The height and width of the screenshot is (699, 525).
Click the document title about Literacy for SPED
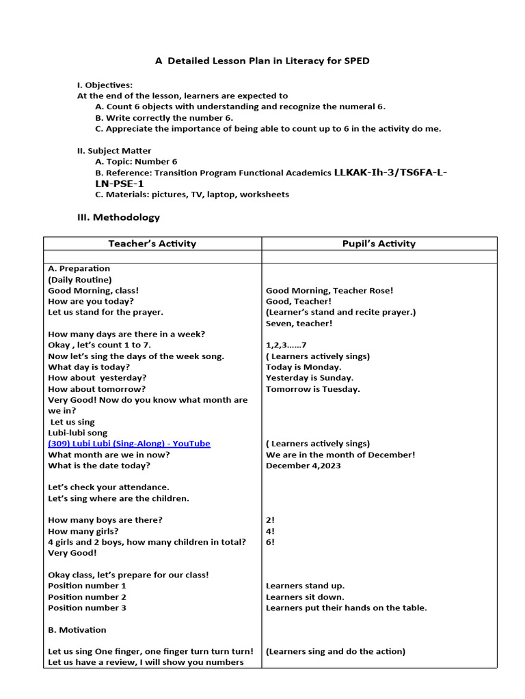click(x=262, y=61)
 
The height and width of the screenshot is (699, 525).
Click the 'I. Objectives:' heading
click(x=105, y=85)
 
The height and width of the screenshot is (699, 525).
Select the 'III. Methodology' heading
click(x=118, y=217)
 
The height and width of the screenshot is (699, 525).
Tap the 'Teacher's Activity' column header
click(x=152, y=244)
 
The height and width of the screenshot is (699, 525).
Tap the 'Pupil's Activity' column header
click(x=378, y=244)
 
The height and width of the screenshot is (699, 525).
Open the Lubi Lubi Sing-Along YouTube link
click(x=129, y=444)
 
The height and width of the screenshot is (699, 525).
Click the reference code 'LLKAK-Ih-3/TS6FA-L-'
click(x=391, y=173)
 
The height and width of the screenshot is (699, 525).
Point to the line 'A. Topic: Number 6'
click(x=136, y=162)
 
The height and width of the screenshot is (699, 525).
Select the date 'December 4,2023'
click(x=303, y=466)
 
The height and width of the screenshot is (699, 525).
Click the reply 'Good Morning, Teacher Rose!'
click(x=329, y=291)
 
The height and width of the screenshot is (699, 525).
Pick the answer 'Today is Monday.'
click(x=304, y=367)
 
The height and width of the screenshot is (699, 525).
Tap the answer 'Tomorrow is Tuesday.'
click(x=312, y=389)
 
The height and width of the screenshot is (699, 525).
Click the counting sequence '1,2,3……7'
click(x=286, y=345)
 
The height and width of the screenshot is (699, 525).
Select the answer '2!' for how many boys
click(x=270, y=520)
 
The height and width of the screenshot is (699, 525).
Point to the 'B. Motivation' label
click(x=77, y=629)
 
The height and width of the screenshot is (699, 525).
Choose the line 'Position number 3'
click(x=87, y=608)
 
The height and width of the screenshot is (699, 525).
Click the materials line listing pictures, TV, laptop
click(x=192, y=195)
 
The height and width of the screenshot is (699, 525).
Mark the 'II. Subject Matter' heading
click(x=114, y=151)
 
